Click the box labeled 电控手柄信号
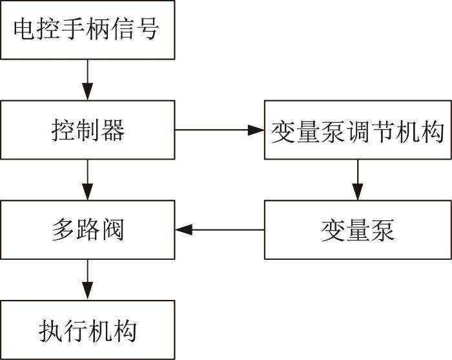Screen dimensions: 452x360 click(88, 30)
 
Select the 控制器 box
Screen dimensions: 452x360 click(88, 130)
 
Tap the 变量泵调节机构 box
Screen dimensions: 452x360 click(358, 130)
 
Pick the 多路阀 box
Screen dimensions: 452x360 click(88, 229)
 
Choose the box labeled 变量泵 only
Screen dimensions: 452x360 click(358, 229)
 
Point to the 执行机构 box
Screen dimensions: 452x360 click(88, 330)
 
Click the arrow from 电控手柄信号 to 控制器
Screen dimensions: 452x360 click(88, 80)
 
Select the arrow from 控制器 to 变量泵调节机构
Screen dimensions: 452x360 click(220, 130)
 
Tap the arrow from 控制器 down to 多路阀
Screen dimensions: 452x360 click(88, 180)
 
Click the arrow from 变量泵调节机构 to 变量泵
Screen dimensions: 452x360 click(358, 180)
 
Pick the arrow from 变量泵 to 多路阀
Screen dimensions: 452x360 click(220, 230)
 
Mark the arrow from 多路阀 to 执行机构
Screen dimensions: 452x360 click(88, 280)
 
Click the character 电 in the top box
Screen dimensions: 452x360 click(25, 28)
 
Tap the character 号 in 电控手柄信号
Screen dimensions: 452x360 click(148, 28)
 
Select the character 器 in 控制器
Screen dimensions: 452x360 click(113, 131)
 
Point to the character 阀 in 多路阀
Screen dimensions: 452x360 click(112, 230)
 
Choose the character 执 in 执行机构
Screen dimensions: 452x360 click(50, 330)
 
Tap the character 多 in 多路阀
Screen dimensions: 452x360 click(63, 230)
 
